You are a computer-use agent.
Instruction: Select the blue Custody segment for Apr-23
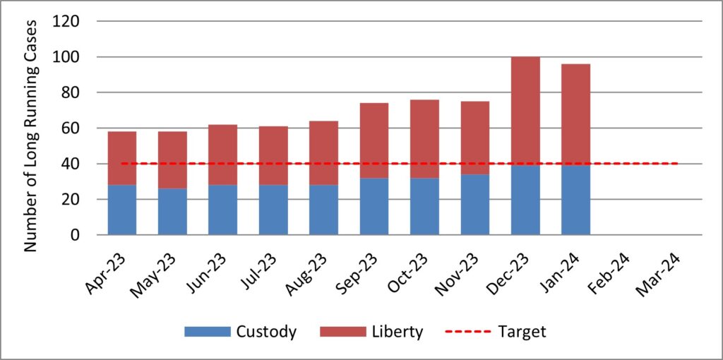click(x=121, y=210)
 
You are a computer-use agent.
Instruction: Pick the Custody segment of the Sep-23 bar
click(x=374, y=206)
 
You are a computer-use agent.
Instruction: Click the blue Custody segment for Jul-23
click(x=273, y=210)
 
